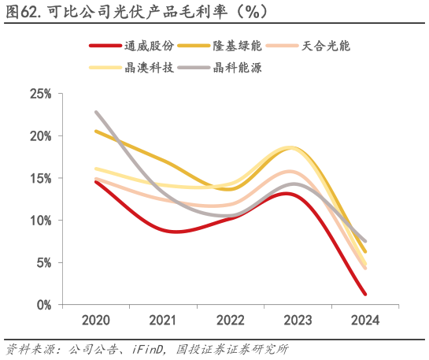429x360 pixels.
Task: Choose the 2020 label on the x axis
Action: tap(95, 320)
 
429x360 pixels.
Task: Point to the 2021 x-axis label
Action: tap(162, 320)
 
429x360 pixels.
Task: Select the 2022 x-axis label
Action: tap(229, 320)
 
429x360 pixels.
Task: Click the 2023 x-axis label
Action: tap(296, 320)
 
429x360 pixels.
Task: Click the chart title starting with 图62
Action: tap(134, 11)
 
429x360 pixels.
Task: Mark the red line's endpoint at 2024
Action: tap(365, 294)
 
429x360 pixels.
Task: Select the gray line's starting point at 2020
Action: tap(95, 112)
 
